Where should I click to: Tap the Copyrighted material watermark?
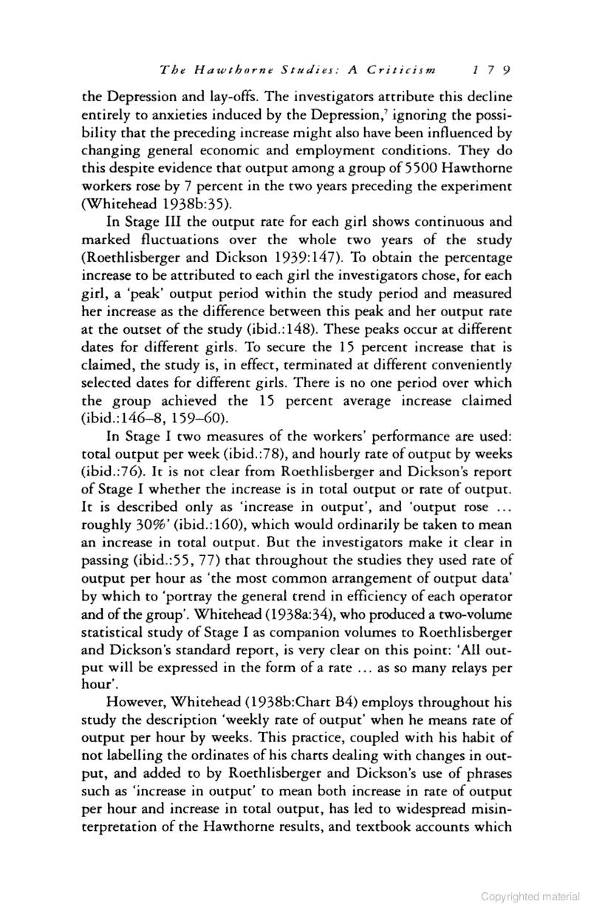530,897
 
